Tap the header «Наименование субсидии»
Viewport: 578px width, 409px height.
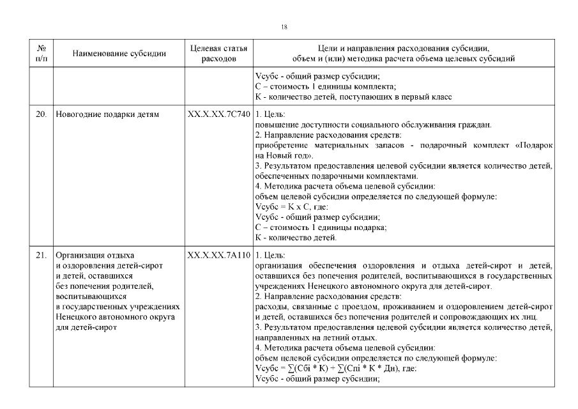[119, 54]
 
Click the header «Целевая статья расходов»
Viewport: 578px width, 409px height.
[218, 53]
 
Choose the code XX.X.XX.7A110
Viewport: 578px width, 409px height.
[218, 256]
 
